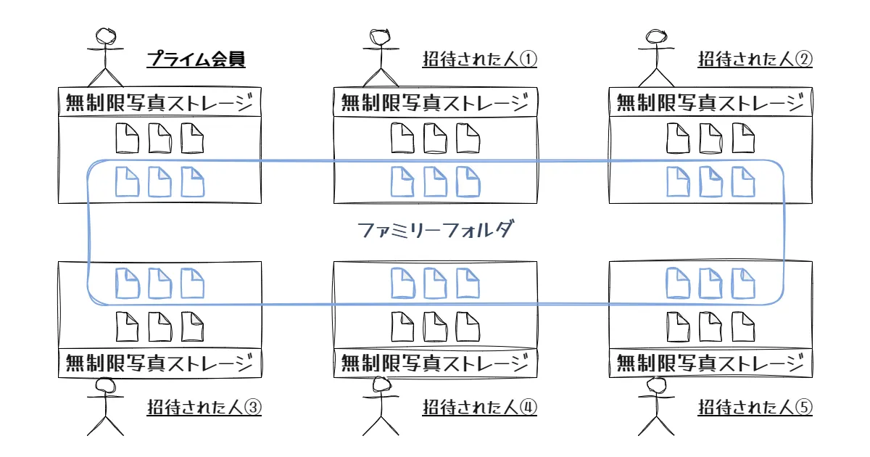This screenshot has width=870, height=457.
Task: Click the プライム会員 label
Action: coord(196,59)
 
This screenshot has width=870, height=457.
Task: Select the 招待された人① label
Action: coord(480,59)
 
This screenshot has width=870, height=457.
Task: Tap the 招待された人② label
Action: coord(755,59)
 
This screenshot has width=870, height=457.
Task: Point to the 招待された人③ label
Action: coord(204,408)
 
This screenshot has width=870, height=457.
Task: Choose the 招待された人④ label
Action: coord(480,408)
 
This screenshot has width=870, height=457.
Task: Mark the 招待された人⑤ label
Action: coord(755,408)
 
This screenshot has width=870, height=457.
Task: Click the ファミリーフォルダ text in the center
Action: coord(436,231)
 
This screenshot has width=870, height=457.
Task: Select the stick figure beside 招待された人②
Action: coord(657,57)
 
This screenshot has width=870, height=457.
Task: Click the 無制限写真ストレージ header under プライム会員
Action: coord(159,103)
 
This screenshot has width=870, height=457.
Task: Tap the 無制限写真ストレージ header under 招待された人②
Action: coord(710,103)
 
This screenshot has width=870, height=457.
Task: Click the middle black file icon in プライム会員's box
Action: coord(159,139)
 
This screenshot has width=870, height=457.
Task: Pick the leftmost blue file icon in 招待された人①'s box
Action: coord(402,181)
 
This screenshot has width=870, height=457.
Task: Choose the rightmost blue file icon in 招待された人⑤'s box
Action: coord(743,283)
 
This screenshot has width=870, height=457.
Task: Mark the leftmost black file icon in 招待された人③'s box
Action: coord(127,326)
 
